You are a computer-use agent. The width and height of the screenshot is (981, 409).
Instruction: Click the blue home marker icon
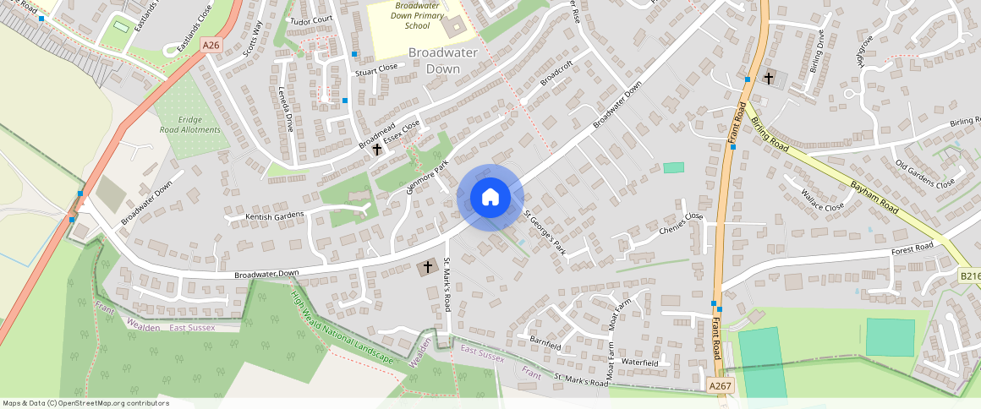490,198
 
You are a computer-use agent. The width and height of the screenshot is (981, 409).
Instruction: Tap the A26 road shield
211,45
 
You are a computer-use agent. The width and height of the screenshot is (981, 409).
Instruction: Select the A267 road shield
720,385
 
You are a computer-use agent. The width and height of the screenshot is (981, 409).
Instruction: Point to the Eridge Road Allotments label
190,125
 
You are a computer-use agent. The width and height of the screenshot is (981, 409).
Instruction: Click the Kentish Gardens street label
274,217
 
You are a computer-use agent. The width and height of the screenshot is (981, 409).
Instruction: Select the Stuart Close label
376,68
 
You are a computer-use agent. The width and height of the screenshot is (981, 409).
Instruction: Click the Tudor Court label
311,19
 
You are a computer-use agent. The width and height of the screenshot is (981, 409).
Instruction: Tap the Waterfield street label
639,362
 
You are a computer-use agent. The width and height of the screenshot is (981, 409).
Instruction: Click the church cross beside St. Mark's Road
428,268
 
